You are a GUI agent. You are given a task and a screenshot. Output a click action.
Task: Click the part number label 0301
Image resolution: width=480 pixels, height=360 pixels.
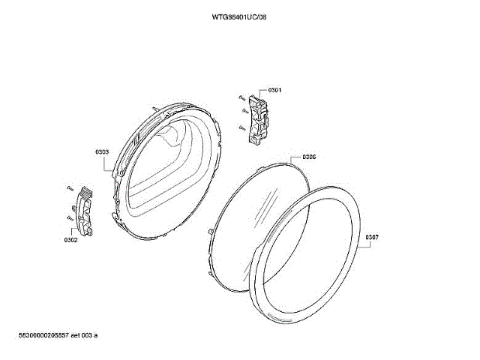(x=274, y=90)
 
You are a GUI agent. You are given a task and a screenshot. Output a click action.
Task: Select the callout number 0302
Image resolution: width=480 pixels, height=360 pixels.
(x=71, y=240)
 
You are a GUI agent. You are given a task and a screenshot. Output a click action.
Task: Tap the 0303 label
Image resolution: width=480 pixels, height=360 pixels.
(x=103, y=151)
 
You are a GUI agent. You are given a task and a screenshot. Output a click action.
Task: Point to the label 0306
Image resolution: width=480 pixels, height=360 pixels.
(x=309, y=157)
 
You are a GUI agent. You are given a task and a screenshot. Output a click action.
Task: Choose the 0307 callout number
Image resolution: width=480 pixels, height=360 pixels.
(x=372, y=238)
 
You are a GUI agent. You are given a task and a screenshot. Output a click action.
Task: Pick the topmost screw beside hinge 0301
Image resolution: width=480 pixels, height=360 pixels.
(x=238, y=97)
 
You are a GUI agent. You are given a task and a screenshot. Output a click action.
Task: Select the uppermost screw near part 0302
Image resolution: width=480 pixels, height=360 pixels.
(x=68, y=187)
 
